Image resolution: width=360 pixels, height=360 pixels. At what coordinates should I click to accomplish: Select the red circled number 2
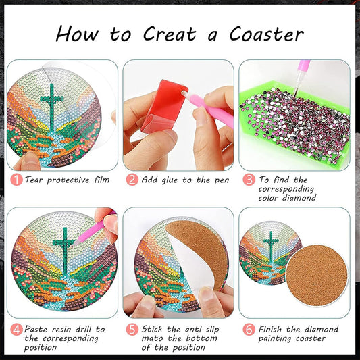tap(132, 180)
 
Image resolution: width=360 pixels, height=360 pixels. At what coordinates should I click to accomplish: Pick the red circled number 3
tap(249, 180)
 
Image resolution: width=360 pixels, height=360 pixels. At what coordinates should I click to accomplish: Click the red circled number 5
tap(132, 330)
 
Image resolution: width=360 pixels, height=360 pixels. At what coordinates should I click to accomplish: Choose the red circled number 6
tap(249, 330)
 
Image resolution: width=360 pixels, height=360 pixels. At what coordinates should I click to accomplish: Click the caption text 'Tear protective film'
tap(68, 180)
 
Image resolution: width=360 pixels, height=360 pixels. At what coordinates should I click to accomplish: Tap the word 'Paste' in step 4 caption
tap(40, 330)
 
